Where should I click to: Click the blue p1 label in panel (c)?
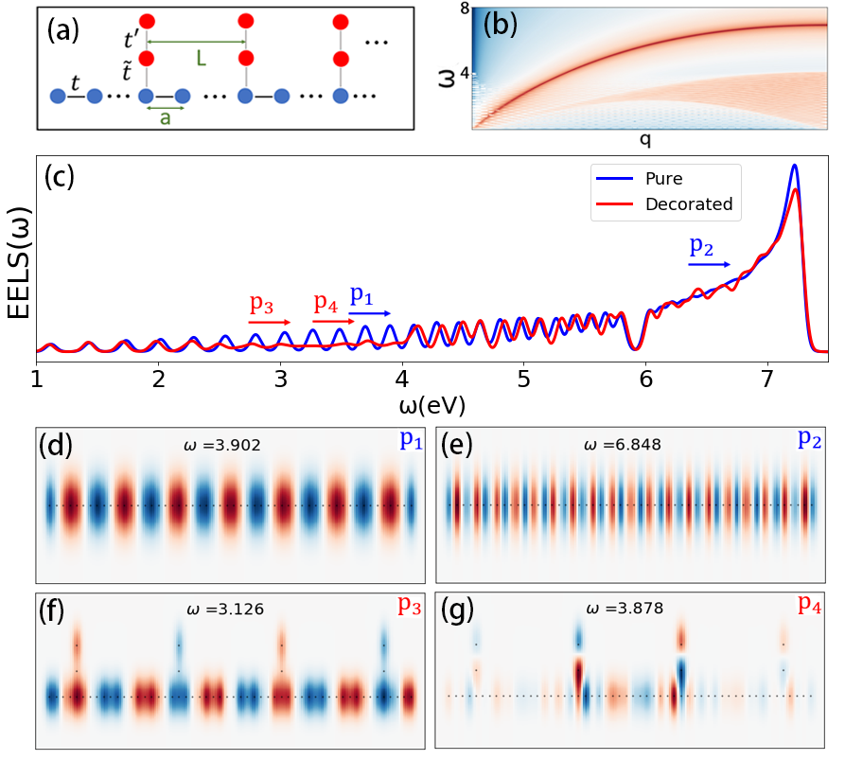(x=361, y=295)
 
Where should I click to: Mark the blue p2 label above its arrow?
(x=701, y=246)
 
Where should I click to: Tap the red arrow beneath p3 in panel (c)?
(x=270, y=323)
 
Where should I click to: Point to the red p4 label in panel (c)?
(x=326, y=304)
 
